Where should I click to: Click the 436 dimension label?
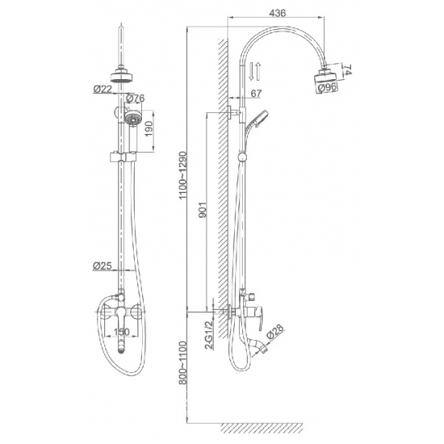277,13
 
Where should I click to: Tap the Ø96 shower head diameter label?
327,87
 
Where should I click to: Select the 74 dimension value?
348,69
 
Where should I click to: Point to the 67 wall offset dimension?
256,94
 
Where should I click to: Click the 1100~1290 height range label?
182,175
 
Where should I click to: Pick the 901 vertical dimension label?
203,210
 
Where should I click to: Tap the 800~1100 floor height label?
183,362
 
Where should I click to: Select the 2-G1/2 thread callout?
210,335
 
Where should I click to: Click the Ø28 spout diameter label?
274,332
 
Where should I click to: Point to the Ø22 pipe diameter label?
103,89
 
